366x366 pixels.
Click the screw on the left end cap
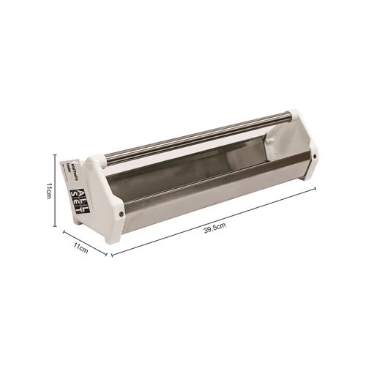click(120, 214)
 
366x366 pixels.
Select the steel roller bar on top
click(198, 135)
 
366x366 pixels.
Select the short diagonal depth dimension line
click(85, 243)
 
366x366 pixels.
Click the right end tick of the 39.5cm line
click(315, 187)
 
